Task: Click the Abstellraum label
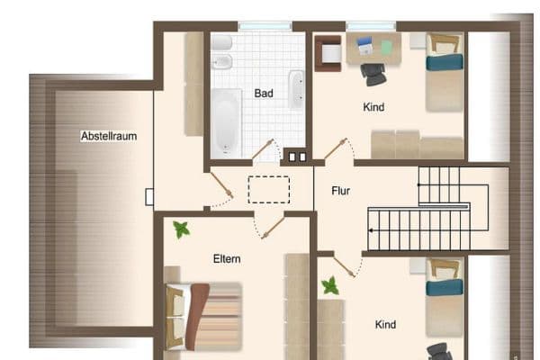pyautogui.click(x=109, y=136)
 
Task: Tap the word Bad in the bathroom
pyautogui.click(x=264, y=93)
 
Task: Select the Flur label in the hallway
pyautogui.click(x=340, y=191)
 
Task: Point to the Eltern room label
pyautogui.click(x=227, y=258)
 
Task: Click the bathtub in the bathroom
pyautogui.click(x=226, y=123)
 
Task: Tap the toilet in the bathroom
pyautogui.click(x=221, y=43)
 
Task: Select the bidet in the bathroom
pyautogui.click(x=221, y=62)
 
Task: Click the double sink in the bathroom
pyautogui.click(x=296, y=90)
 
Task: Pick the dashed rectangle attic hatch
pyautogui.click(x=269, y=190)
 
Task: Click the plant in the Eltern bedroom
pyautogui.click(x=182, y=229)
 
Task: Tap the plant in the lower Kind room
pyautogui.click(x=330, y=285)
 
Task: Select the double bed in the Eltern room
pyautogui.click(x=203, y=316)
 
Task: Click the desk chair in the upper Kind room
pyautogui.click(x=373, y=75)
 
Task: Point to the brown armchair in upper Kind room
pyautogui.click(x=328, y=53)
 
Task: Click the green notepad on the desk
pyautogui.click(x=387, y=48)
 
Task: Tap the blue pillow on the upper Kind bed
pyautogui.click(x=445, y=62)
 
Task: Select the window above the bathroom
pyautogui.click(x=265, y=26)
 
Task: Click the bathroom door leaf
pyautogui.click(x=263, y=149)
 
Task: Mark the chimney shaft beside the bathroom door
pyautogui.click(x=298, y=157)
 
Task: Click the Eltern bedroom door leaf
pyautogui.click(x=273, y=228)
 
